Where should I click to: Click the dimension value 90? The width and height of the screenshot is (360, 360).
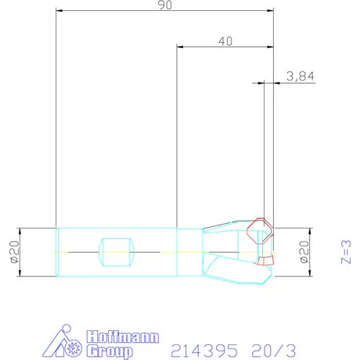click(x=165, y=5)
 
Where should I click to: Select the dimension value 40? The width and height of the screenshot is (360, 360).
click(x=225, y=41)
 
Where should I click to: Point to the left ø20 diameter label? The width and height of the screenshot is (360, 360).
click(x=13, y=251)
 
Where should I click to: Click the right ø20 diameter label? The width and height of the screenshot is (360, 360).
click(x=304, y=251)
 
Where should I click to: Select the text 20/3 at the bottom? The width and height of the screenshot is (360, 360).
click(x=275, y=348)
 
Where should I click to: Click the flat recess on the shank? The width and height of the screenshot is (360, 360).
click(x=117, y=251)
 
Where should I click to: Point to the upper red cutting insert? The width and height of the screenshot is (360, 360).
click(x=259, y=230)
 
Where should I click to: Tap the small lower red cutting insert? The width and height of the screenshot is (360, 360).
click(x=267, y=261)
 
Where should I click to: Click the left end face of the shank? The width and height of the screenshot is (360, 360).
click(x=57, y=251)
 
